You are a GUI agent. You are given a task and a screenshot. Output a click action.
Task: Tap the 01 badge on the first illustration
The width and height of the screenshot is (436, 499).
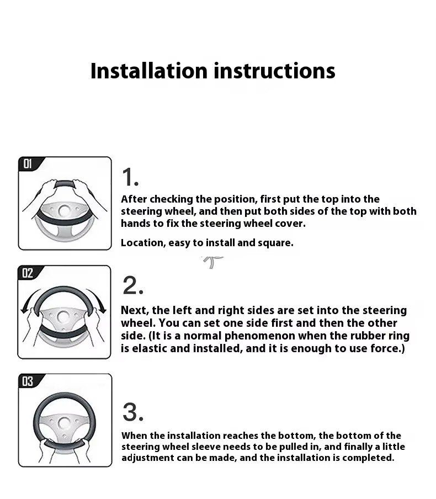pyautogui.click(x=28, y=164)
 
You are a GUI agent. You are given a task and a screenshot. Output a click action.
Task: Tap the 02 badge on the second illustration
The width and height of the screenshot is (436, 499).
pyautogui.click(x=28, y=273)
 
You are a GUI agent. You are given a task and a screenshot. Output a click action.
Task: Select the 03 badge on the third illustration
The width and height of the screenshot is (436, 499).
pyautogui.click(x=28, y=381)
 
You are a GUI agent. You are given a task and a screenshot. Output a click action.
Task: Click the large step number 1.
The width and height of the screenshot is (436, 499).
pyautogui.click(x=130, y=177)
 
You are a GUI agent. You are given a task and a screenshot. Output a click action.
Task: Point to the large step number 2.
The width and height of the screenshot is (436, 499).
pyautogui.click(x=132, y=285)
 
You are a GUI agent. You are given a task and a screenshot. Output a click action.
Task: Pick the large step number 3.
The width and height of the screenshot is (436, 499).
pyautogui.click(x=132, y=412)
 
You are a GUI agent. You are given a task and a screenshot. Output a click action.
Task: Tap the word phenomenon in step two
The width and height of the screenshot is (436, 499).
pyautogui.click(x=260, y=336)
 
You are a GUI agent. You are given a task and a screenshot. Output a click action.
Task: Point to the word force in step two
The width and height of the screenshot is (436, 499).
pyautogui.click(x=387, y=348)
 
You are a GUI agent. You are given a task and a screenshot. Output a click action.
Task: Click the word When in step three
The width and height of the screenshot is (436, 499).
pyautogui.click(x=134, y=436)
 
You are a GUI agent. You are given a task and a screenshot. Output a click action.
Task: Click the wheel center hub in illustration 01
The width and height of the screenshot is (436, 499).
pyautogui.click(x=65, y=211)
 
